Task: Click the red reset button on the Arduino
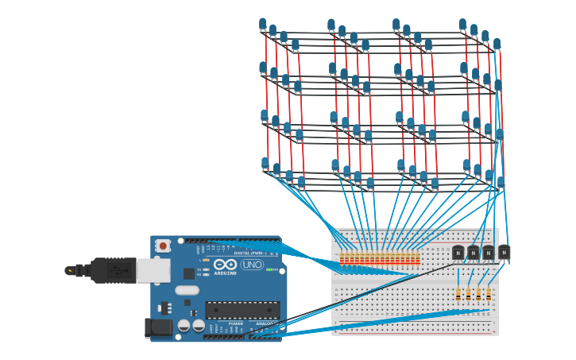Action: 163,246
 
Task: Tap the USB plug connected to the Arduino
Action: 119,270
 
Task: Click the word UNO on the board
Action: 252,265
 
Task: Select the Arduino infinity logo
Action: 225,264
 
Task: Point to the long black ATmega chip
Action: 242,310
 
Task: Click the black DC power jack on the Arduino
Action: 160,327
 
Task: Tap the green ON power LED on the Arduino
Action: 269,269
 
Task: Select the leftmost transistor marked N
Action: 458,253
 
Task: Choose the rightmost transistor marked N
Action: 504,252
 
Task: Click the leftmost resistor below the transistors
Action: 458,294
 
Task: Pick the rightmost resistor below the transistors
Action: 489,294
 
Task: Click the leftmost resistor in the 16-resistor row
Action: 342,258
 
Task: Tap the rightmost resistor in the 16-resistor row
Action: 418,258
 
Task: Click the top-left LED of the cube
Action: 263,25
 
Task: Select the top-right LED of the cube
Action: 497,45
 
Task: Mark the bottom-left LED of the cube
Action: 265,163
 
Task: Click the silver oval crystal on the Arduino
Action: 187,290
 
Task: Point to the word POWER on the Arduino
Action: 236,323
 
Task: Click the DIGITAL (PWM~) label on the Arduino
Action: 249,253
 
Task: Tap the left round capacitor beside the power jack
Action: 184,325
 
